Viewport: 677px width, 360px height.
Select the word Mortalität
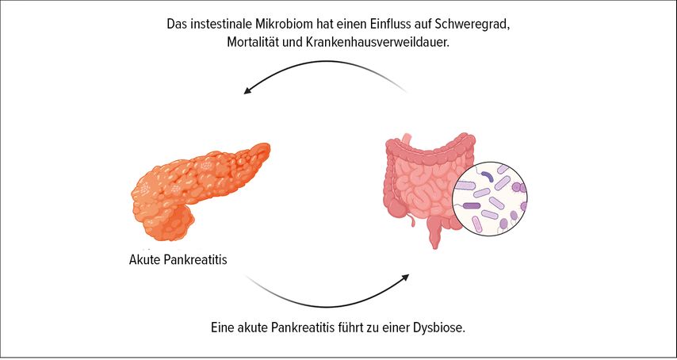tap(248, 44)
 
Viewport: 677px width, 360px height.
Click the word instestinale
tap(214, 24)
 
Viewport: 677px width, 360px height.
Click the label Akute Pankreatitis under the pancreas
tap(178, 260)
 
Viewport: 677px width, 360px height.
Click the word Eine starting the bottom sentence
tap(222, 327)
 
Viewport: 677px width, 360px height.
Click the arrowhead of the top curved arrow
tap(247, 90)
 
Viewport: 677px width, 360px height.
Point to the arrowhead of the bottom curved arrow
tap(404, 277)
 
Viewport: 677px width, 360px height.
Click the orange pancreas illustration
tap(197, 191)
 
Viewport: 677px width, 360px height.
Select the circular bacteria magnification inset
tap(490, 198)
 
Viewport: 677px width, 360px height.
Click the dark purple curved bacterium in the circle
tap(488, 175)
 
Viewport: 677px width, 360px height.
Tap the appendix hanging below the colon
tap(412, 221)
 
